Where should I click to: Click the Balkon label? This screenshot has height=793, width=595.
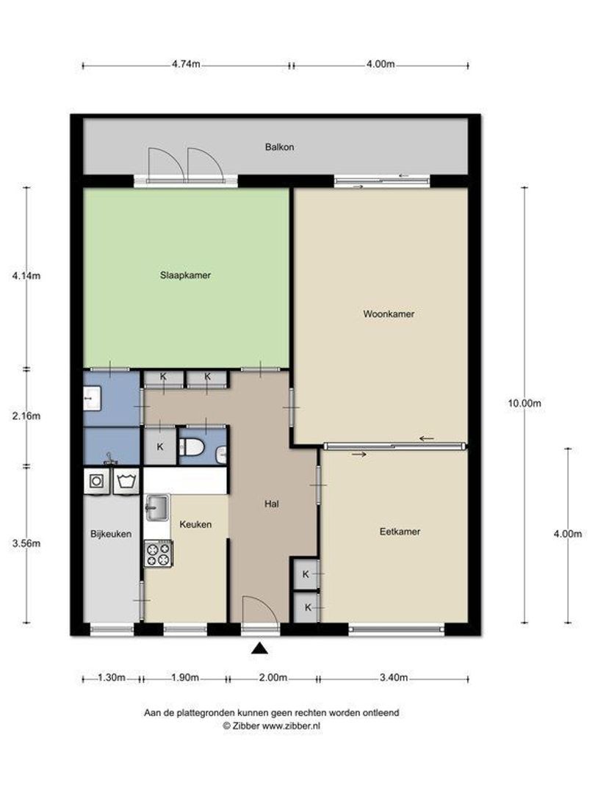point(279,147)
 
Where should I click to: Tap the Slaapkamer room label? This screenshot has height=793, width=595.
point(185,275)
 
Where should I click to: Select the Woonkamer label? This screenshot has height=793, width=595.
point(389,314)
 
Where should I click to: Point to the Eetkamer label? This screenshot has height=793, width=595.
point(400,532)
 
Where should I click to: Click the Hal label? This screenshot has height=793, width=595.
point(272,504)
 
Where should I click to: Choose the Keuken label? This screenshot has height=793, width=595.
point(195,524)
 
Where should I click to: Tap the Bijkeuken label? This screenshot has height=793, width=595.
point(111,534)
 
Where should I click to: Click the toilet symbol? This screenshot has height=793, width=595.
point(192,446)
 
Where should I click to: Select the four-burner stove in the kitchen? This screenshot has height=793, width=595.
point(159,554)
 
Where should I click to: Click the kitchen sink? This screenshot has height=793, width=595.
point(157,508)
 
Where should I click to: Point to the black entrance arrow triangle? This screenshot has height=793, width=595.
point(259,648)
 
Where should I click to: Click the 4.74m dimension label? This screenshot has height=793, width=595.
point(186,64)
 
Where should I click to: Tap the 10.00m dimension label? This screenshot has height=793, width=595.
point(524,404)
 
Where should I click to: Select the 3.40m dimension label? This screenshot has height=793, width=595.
point(394,678)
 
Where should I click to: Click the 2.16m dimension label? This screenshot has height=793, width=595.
point(26,416)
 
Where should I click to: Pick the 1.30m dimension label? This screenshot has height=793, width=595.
point(112,678)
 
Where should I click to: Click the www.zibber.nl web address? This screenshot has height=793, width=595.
point(291,725)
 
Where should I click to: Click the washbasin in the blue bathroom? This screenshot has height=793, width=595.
point(92,399)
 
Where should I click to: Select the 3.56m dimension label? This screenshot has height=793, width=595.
point(26,543)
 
